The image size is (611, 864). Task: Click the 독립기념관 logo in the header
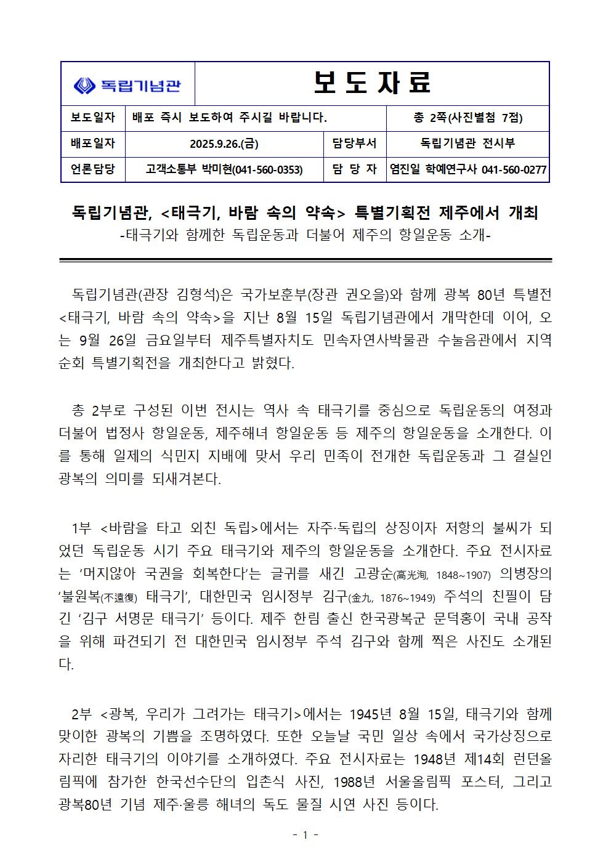[x=127, y=84]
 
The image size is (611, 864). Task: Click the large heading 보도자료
[x=372, y=83]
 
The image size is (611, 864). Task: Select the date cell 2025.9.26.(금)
[x=224, y=144]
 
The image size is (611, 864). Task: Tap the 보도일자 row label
[x=93, y=118]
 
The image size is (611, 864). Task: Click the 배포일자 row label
[x=93, y=144]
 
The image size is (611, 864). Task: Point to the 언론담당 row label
[x=93, y=169]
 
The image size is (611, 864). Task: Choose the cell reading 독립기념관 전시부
[x=467, y=144]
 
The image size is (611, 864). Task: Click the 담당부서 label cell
[x=354, y=144]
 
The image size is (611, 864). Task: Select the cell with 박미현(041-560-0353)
[x=224, y=169]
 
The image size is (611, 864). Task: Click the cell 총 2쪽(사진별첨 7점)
[x=467, y=118]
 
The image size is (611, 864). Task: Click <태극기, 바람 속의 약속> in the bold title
[x=252, y=213]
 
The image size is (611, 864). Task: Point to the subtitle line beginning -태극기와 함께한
[x=305, y=235]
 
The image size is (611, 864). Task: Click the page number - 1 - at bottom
[x=305, y=836]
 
